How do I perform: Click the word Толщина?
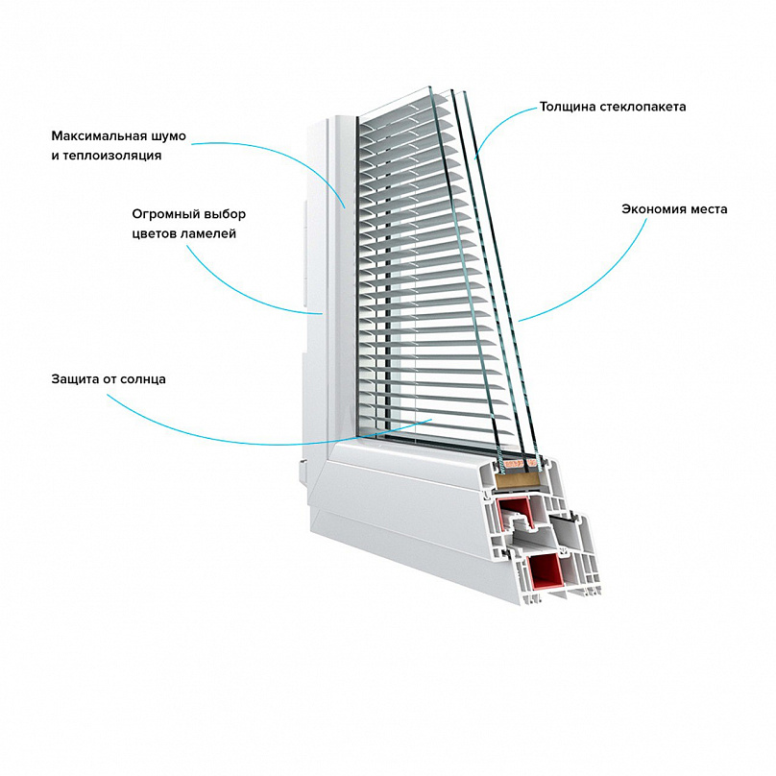[x=568, y=107]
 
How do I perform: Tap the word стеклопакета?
[x=643, y=107]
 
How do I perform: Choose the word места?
[x=705, y=209]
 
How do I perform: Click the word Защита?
[x=74, y=379]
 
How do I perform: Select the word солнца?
[x=142, y=380]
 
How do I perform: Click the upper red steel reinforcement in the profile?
[x=515, y=515]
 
